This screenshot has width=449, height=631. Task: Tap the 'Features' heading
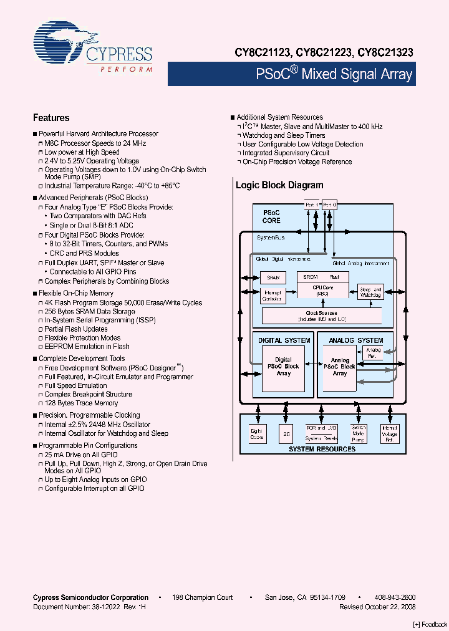(x=51, y=118)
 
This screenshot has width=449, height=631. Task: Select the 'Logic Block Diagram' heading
(x=279, y=185)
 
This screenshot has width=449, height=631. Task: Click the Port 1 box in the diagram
(x=312, y=205)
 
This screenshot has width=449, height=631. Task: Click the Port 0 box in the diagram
(x=329, y=205)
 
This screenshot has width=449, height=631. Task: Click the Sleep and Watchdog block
(x=370, y=291)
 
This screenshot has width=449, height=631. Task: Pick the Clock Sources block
(x=321, y=316)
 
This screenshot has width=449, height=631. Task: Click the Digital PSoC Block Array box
(x=284, y=367)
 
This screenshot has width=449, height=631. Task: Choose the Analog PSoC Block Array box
(x=340, y=367)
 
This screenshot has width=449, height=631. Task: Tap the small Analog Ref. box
(x=374, y=353)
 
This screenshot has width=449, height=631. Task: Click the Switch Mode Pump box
(x=359, y=433)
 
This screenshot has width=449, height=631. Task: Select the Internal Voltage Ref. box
(x=390, y=433)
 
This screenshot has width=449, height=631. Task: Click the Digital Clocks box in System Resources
(x=257, y=433)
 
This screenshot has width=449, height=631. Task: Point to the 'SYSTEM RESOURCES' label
(x=322, y=449)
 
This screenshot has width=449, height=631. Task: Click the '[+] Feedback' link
(x=430, y=624)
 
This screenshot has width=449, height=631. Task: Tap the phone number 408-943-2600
(x=395, y=597)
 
